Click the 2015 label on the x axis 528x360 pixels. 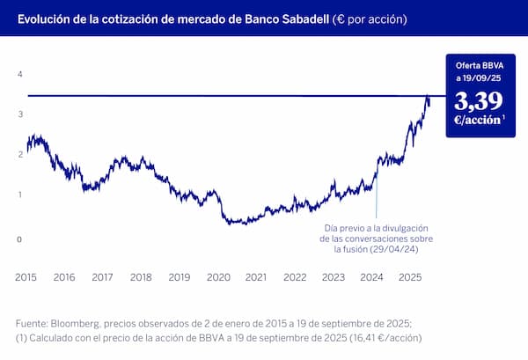click(26, 277)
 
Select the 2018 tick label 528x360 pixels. click(141, 277)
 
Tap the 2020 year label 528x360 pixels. click(217, 277)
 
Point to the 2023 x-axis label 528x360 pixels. click(333, 277)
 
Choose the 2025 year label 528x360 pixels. click(410, 277)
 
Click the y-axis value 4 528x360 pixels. click(19, 75)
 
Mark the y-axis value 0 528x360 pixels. click(19, 239)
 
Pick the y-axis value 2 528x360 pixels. click(19, 155)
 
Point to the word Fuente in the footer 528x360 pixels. click(33, 322)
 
